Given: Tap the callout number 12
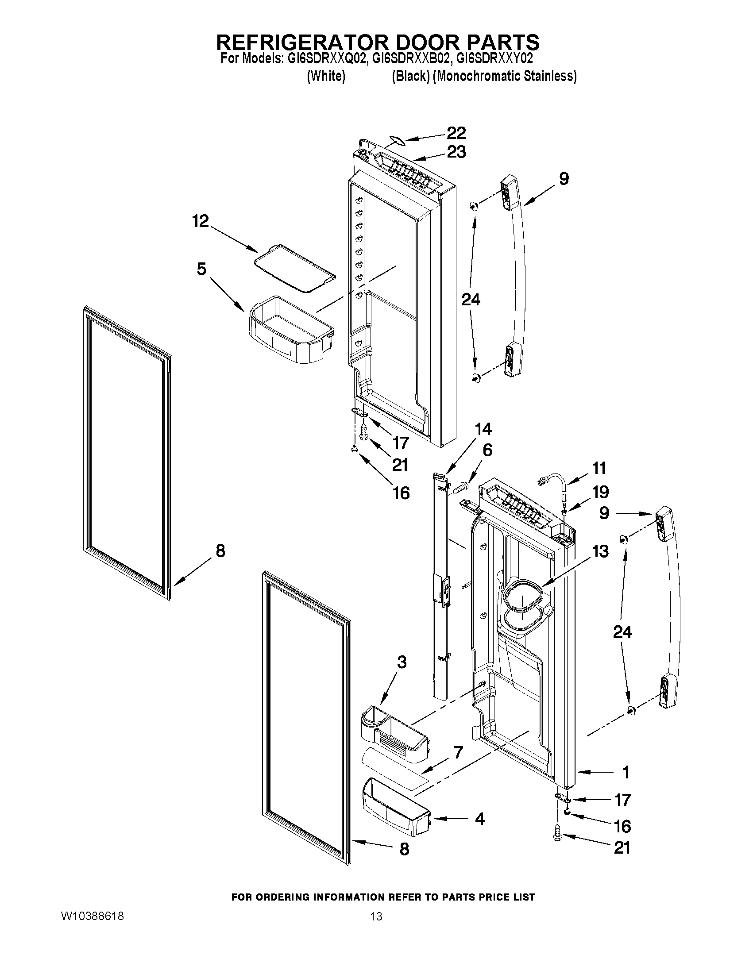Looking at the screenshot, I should (201, 221).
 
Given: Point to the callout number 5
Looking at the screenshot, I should (201, 269).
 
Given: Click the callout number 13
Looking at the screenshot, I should (600, 552).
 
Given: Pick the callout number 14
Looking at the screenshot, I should (483, 429).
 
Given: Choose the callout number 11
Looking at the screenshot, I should (599, 468).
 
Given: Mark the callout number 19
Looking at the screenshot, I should (600, 492).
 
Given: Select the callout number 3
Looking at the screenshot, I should (402, 675).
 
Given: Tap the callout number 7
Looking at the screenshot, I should (459, 752).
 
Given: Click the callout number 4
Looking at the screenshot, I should (479, 819).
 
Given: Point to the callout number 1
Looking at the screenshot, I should (626, 772).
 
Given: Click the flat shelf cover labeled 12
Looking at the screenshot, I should (295, 269).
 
